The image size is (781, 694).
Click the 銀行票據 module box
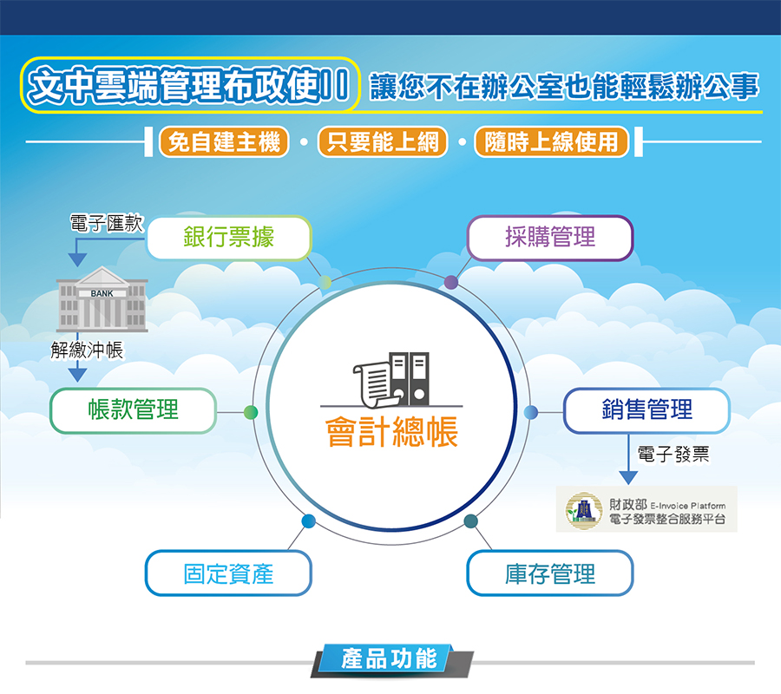point(229,238)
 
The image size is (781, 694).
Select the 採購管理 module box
point(550,238)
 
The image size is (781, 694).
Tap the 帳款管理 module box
point(133,410)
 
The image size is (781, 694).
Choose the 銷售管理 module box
point(646,410)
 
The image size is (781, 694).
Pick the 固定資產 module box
point(228,573)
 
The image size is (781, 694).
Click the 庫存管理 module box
point(550,573)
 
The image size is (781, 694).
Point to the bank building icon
point(102,298)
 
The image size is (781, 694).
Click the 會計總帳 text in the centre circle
point(391,431)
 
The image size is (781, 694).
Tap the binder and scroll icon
point(391,380)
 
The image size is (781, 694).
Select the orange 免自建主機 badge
point(224,142)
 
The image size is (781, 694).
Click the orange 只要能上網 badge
point(383,142)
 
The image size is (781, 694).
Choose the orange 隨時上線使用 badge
point(551,142)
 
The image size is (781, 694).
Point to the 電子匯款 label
point(107,223)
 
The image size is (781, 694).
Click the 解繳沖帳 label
point(87,350)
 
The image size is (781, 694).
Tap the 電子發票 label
point(673,454)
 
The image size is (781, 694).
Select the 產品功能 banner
point(391,659)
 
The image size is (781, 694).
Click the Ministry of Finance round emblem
point(583,509)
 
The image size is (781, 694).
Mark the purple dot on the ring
point(450,282)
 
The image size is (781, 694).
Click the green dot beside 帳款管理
point(251,412)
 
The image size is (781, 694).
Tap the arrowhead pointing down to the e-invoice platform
point(628,478)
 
